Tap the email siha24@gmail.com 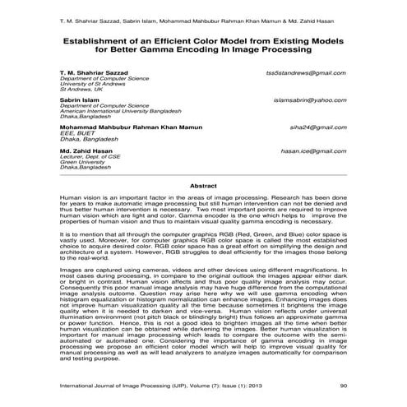point(321,128)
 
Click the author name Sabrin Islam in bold point(81,99)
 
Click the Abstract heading point(202,187)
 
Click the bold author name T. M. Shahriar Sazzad point(94,74)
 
